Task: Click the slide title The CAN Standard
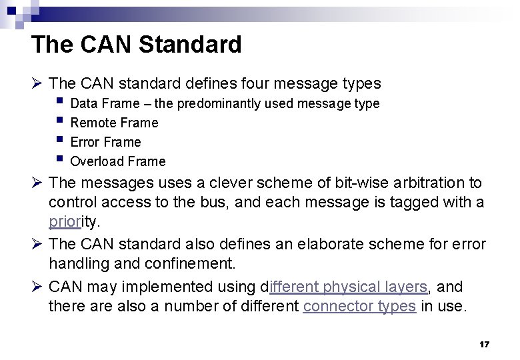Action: click(136, 45)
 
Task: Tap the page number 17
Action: click(485, 345)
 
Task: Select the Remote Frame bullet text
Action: click(114, 123)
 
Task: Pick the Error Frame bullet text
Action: click(105, 142)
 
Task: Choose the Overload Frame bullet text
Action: click(117, 161)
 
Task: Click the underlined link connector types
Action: click(359, 306)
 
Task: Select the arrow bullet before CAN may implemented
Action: click(38, 287)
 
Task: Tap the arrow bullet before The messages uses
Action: click(38, 183)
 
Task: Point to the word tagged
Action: click(409, 202)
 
